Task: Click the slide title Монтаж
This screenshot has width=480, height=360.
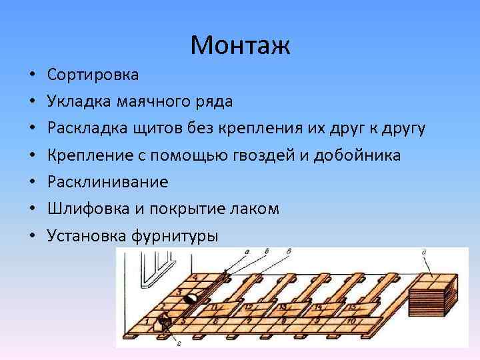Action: pyautogui.click(x=240, y=45)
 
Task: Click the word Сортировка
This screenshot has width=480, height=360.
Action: pyautogui.click(x=93, y=74)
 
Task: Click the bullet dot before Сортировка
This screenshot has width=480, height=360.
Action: pyautogui.click(x=32, y=75)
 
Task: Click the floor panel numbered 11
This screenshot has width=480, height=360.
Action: pyautogui.click(x=215, y=307)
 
